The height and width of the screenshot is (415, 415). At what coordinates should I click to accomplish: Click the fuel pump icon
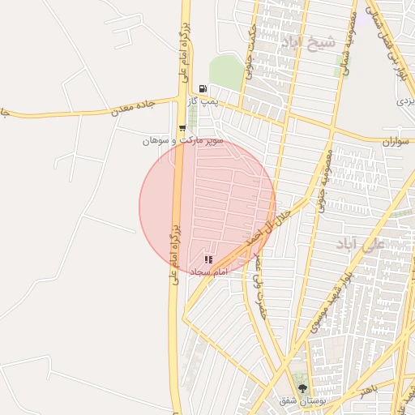202,88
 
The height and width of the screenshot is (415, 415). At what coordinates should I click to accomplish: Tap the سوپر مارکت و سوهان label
170,140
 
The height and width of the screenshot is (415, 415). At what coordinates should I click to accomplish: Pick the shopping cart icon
182,128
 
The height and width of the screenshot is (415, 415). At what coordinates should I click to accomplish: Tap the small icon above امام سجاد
208,259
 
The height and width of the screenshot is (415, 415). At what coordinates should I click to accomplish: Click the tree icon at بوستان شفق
303,389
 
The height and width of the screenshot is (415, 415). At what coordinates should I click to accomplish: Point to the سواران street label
398,140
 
